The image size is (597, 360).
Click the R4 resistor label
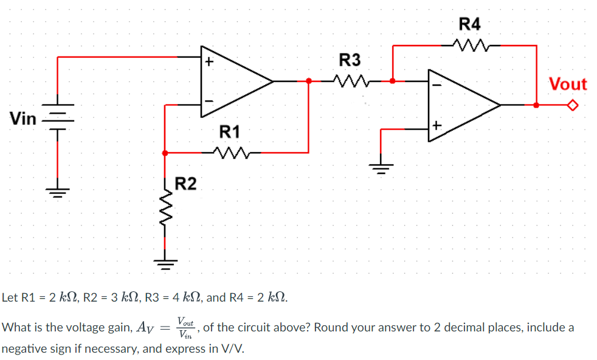pyautogui.click(x=469, y=24)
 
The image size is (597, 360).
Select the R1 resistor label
pyautogui.click(x=229, y=131)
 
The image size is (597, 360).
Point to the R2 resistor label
pyautogui.click(x=185, y=183)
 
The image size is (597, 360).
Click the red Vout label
pyautogui.click(x=568, y=85)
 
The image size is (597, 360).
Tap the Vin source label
pyautogui.click(x=23, y=119)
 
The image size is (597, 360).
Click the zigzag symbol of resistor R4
pyautogui.click(x=470, y=44)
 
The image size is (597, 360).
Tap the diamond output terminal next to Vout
pyautogui.click(x=572, y=105)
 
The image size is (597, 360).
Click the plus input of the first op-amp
pyautogui.click(x=209, y=61)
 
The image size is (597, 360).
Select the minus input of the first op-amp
pyautogui.click(x=209, y=100)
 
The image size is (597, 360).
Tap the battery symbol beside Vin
pyautogui.click(x=58, y=117)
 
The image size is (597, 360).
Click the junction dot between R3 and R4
pyautogui.click(x=393, y=80)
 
